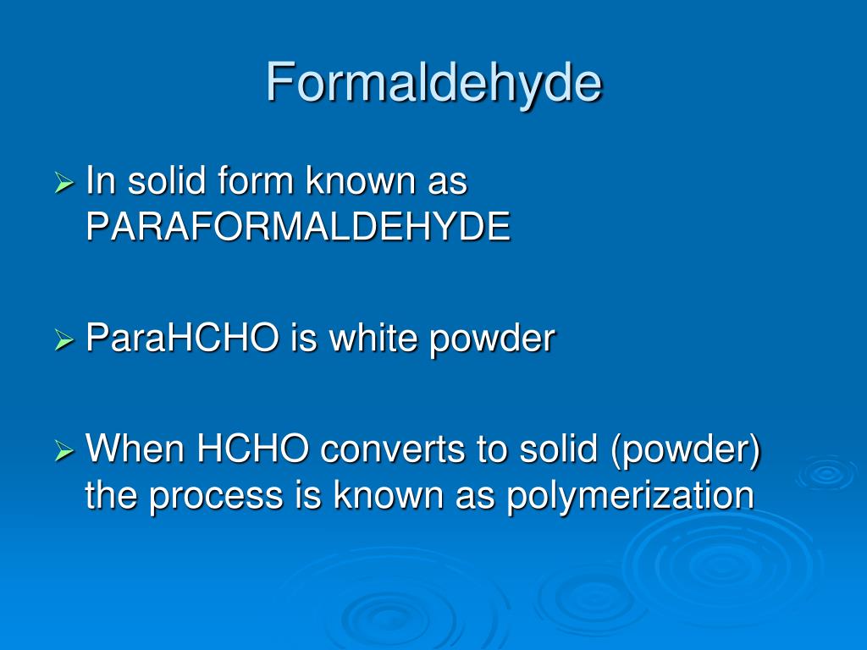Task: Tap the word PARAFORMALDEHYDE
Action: tap(298, 227)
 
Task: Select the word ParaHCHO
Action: tap(183, 339)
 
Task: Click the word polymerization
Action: tap(630, 495)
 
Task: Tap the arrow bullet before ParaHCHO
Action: tap(64, 341)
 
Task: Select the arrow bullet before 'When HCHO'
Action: tap(64, 450)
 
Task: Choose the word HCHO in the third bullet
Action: tap(252, 449)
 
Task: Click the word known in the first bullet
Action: tap(362, 182)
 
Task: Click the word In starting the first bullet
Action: tap(100, 182)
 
